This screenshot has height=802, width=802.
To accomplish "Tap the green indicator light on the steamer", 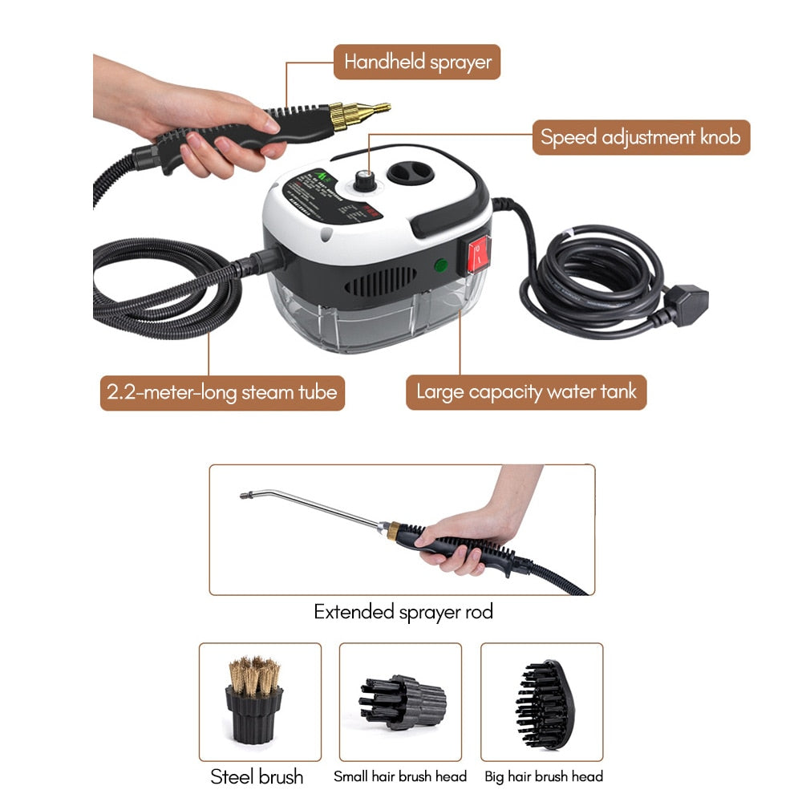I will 440,266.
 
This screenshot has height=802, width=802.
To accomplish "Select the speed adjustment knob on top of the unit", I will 368,177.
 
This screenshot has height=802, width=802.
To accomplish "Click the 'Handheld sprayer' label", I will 417,62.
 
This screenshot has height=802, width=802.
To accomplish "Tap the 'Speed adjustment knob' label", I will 641,137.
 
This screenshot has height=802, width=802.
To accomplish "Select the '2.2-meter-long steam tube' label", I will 222,393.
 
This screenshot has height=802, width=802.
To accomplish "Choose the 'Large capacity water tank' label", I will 525,393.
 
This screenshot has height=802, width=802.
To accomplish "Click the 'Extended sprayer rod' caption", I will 403,612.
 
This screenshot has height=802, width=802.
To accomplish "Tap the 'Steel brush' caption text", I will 257,776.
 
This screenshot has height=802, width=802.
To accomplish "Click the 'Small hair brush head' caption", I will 400,776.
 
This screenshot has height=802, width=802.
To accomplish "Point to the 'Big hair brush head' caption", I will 544,776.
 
